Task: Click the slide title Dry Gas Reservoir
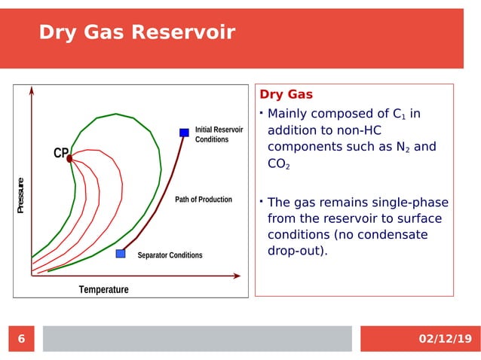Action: click(136, 32)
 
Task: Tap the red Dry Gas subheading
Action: click(286, 95)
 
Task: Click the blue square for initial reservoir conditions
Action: click(184, 133)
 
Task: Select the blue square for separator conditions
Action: click(121, 254)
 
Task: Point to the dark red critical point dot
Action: click(69, 159)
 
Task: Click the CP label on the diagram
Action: click(60, 154)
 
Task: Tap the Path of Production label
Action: click(204, 200)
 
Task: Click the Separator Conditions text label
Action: click(170, 255)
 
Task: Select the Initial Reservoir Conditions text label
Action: click(219, 135)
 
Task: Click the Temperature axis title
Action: click(104, 290)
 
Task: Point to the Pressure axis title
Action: click(22, 195)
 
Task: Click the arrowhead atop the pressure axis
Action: click(32, 91)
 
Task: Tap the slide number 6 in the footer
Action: click(21, 339)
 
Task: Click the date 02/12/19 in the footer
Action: click(444, 339)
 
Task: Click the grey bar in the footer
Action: click(197, 339)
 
